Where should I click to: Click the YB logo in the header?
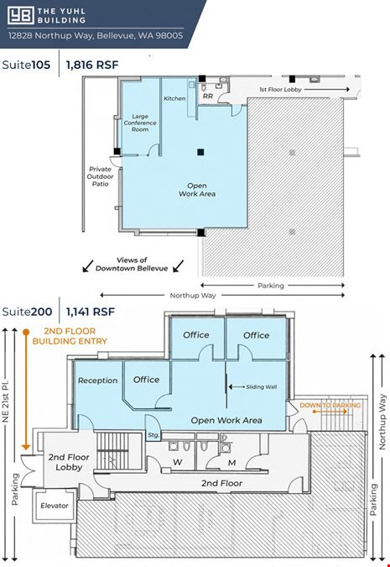coord(21,15)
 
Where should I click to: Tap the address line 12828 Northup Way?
coord(96,35)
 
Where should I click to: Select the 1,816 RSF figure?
coord(92,65)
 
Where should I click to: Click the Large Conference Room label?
coord(140,123)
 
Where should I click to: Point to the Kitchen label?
coord(174,98)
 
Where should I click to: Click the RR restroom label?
coord(208,97)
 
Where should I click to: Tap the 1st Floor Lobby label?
coord(280,89)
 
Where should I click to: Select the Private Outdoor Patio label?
coord(100,176)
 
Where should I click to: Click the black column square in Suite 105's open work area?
coord(200,152)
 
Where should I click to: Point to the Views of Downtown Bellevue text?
coord(132,265)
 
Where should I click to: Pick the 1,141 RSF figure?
coord(91,312)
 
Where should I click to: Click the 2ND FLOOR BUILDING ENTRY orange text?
coord(70,336)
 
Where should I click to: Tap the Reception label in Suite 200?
coord(98,381)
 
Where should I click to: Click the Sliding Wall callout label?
coord(262,387)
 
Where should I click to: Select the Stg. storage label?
coord(153,435)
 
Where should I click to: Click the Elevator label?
coord(55,506)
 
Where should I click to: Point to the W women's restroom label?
coord(177,462)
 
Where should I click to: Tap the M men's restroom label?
coord(231,463)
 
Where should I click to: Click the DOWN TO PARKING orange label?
coord(330,406)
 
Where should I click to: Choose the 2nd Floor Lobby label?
coord(69,462)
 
